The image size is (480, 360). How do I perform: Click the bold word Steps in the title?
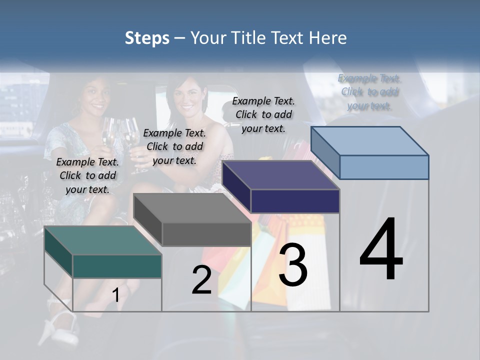coord(147,38)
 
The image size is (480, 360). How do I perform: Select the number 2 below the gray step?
coord(201,280)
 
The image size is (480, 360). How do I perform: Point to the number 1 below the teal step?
coord(115,295)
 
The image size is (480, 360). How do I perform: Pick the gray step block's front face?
coord(206,234)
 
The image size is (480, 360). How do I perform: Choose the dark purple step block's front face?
coord(295,201)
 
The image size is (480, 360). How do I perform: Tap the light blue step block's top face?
coord(370,140)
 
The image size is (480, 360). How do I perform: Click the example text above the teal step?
coord(87,175)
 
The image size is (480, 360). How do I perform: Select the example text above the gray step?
coord(174,146)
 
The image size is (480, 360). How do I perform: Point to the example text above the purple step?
coord(263,114)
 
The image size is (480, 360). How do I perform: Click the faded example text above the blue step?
coord(369,92)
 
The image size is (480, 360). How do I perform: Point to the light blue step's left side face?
coord(325,152)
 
